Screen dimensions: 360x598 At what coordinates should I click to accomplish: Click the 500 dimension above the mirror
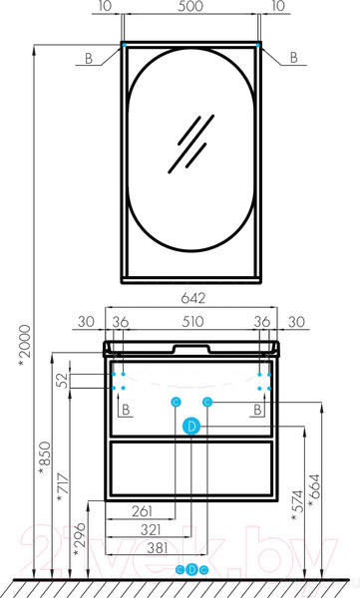[x=190, y=7]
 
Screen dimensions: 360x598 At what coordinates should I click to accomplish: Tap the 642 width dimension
[x=192, y=298]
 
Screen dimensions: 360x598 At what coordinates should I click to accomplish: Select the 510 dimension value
[x=192, y=322]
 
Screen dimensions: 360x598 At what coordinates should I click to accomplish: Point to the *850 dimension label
[x=45, y=458]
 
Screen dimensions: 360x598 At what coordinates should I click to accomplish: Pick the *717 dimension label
[x=63, y=487]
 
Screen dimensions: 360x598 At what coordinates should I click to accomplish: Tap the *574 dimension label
[x=297, y=505]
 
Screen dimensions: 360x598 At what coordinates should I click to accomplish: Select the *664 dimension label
[x=314, y=490]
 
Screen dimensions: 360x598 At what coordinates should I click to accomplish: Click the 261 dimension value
[x=143, y=511]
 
